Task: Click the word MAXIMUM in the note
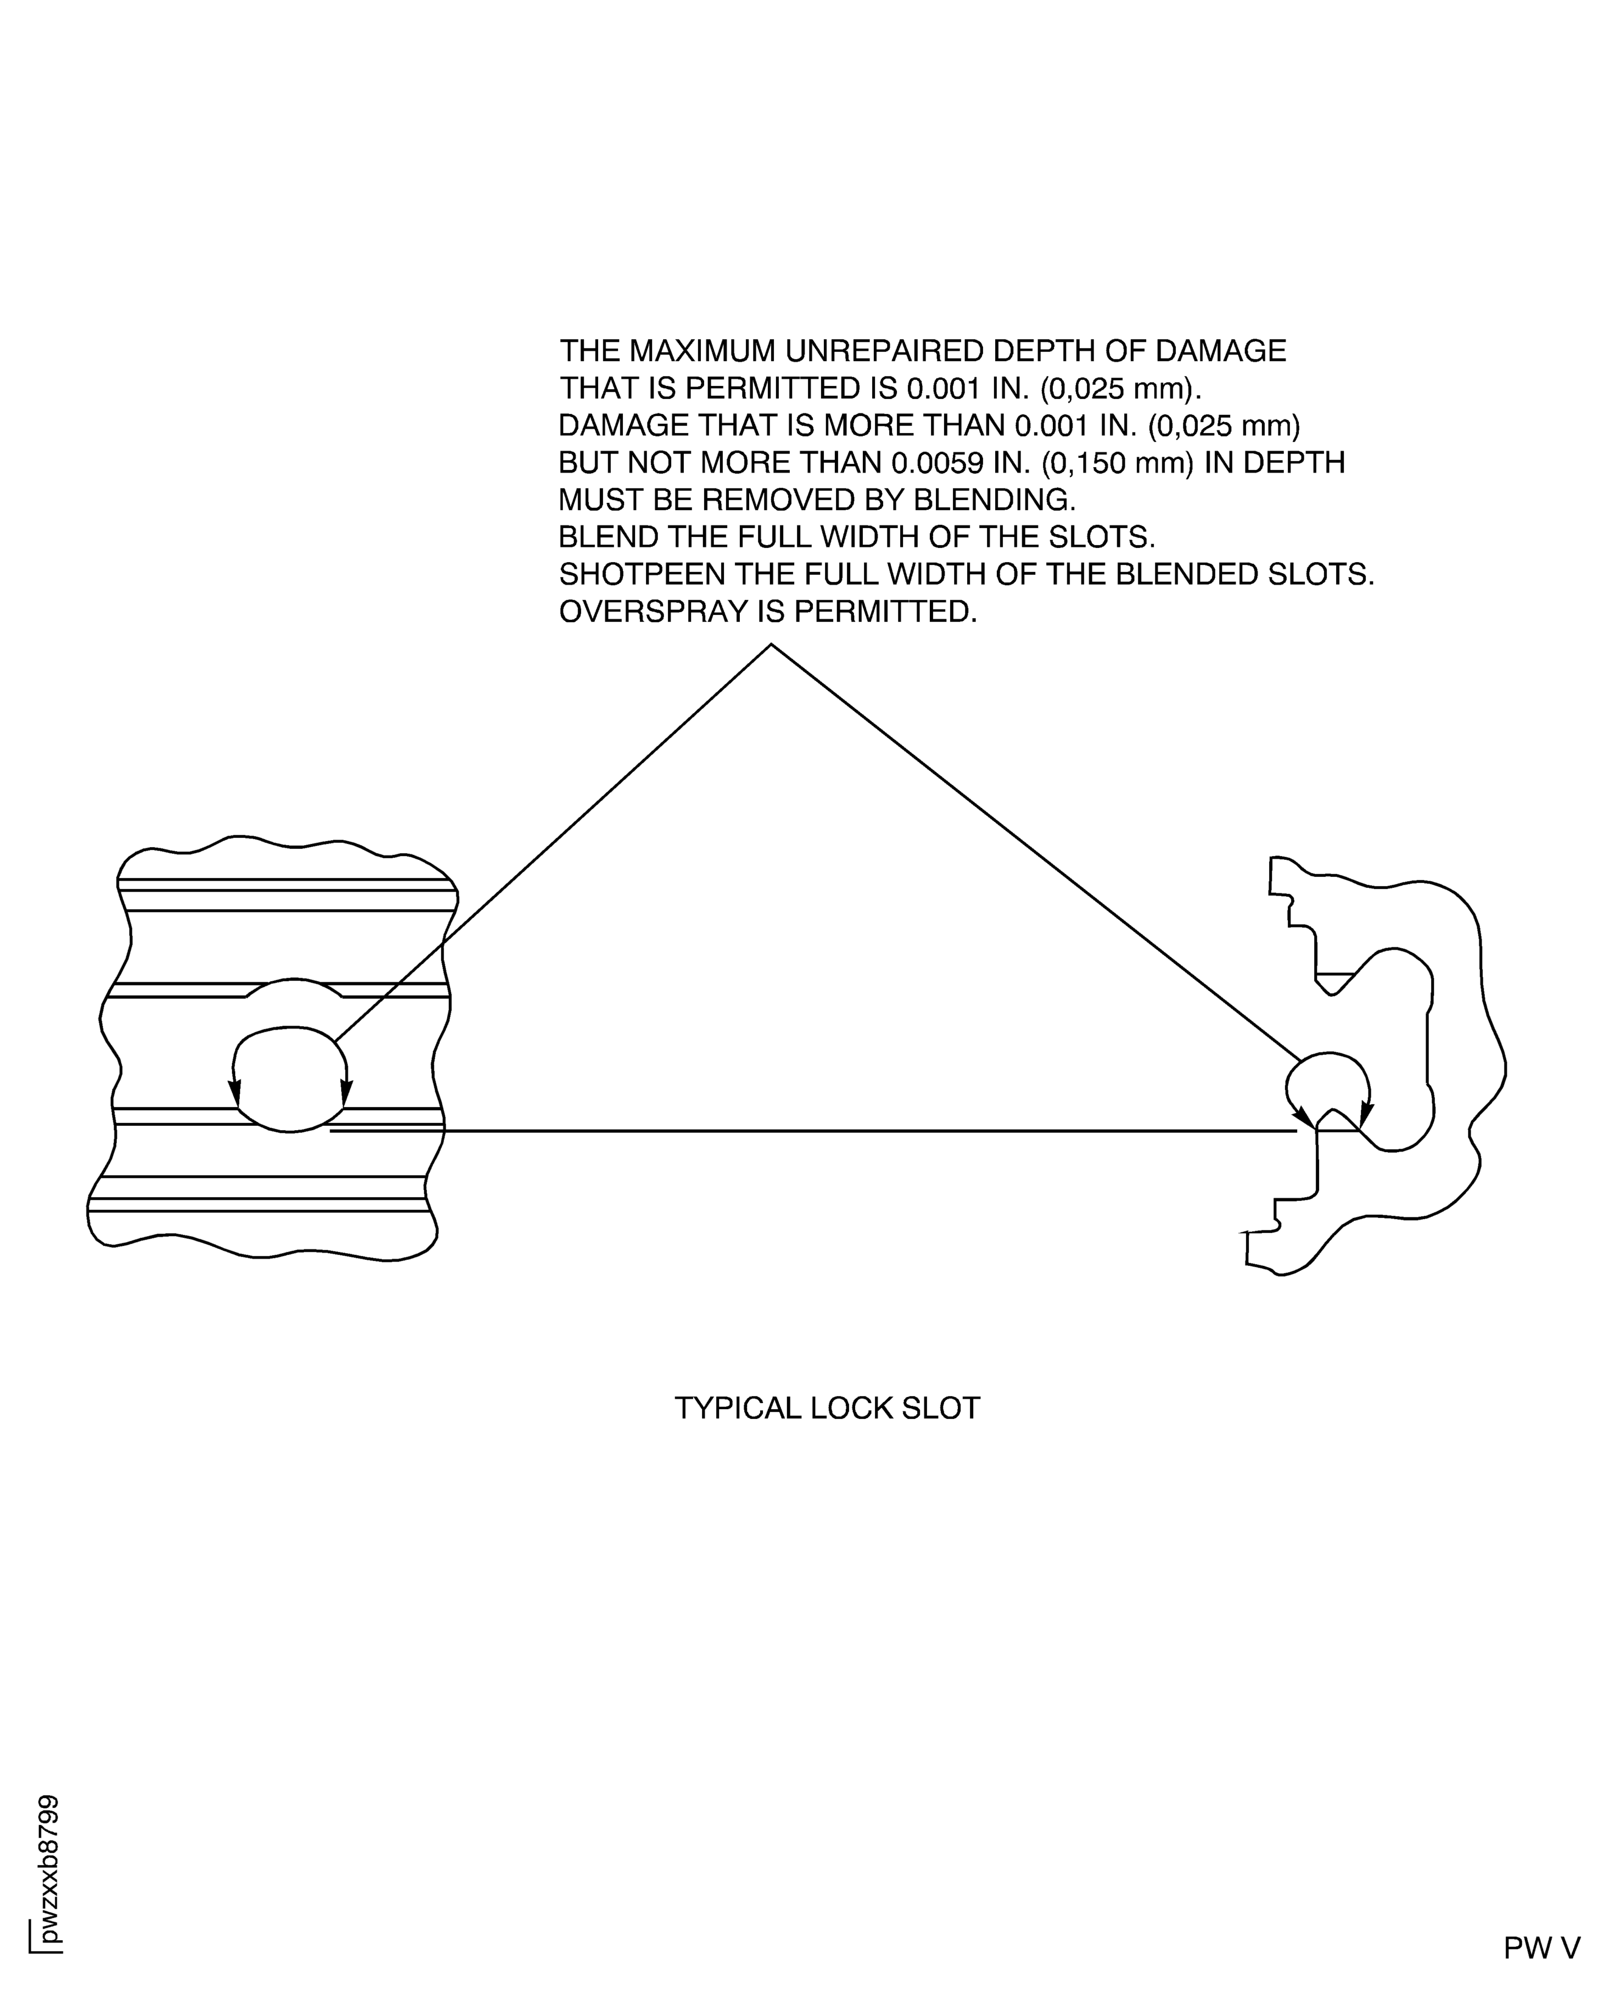[704, 351]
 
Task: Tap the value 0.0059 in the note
[933, 462]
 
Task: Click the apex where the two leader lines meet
[771, 644]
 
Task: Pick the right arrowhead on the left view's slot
[347, 1094]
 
